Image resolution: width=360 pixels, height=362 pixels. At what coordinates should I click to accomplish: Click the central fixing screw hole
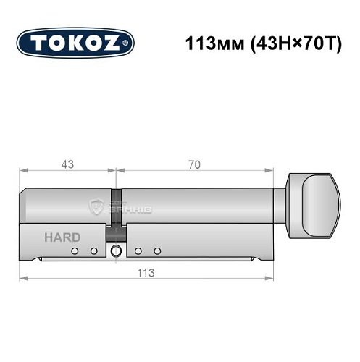(x=115, y=252)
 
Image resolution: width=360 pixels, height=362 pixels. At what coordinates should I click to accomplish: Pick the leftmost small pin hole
(x=75, y=251)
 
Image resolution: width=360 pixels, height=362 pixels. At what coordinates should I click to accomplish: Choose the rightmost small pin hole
(x=156, y=251)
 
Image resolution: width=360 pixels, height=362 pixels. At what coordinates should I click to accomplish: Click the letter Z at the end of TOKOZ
(x=121, y=43)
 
